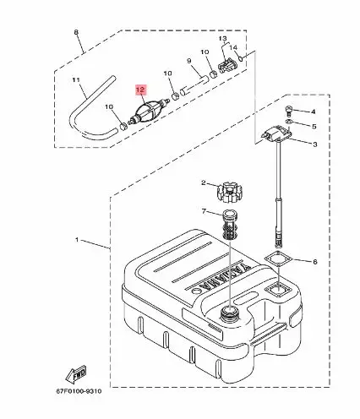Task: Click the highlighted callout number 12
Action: tap(140, 90)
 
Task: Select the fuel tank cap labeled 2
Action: tap(229, 193)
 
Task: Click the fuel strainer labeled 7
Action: tap(229, 224)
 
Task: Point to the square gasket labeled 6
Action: tap(279, 259)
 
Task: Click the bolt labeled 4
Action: tap(287, 110)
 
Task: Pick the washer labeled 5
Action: tap(288, 122)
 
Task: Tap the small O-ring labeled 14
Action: tap(241, 58)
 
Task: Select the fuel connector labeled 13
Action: tap(226, 66)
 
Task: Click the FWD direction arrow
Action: tap(75, 374)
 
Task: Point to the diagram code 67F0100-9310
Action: tap(79, 391)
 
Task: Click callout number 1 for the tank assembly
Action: tap(77, 240)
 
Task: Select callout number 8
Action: tap(76, 32)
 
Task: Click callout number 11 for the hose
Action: tap(76, 80)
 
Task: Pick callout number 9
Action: tap(189, 61)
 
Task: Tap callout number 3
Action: tap(315, 144)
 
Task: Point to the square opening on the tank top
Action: tap(279, 291)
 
